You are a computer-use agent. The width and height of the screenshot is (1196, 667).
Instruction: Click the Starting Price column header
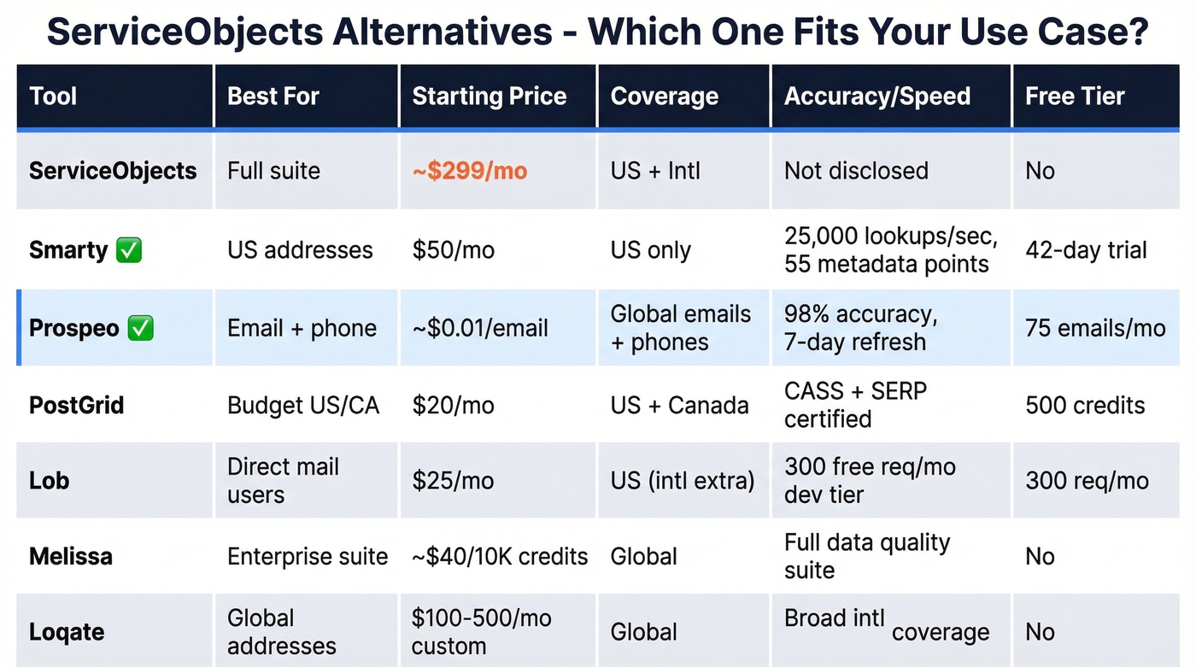pyautogui.click(x=489, y=97)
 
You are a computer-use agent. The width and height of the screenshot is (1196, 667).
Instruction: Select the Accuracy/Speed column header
pyautogui.click(x=876, y=97)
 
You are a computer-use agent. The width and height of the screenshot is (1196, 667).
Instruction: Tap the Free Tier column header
pyautogui.click(x=1074, y=97)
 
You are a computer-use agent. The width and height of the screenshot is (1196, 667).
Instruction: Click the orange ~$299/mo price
pyautogui.click(x=469, y=171)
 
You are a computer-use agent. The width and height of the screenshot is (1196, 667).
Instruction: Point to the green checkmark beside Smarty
pyautogui.click(x=129, y=250)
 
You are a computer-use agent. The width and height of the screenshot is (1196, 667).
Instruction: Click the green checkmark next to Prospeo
pyautogui.click(x=140, y=329)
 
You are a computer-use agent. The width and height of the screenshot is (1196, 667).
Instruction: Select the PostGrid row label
pyautogui.click(x=76, y=405)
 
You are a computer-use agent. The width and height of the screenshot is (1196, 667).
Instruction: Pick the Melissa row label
pyautogui.click(x=70, y=557)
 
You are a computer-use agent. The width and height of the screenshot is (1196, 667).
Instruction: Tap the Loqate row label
pyautogui.click(x=67, y=633)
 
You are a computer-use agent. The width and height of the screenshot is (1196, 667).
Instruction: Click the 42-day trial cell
pyautogui.click(x=1086, y=250)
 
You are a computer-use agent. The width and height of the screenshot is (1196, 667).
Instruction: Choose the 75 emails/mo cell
pyautogui.click(x=1095, y=329)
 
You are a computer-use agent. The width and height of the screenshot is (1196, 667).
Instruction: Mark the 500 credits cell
pyautogui.click(x=1085, y=405)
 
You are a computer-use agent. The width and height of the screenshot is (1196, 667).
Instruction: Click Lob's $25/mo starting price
pyautogui.click(x=453, y=481)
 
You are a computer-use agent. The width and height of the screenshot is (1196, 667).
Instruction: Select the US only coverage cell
pyautogui.click(x=650, y=250)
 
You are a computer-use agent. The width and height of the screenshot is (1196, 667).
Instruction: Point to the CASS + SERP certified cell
pyautogui.click(x=855, y=405)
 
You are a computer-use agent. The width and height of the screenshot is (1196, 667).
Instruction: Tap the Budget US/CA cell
pyautogui.click(x=302, y=405)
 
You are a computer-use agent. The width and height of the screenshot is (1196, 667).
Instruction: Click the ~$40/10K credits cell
pyautogui.click(x=500, y=557)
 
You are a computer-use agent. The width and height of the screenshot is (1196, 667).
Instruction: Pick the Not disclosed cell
pyautogui.click(x=856, y=171)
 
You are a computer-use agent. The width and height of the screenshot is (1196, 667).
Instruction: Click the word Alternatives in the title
pyautogui.click(x=442, y=32)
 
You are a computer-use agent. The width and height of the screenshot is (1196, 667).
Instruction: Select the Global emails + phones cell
pyautogui.click(x=680, y=329)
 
